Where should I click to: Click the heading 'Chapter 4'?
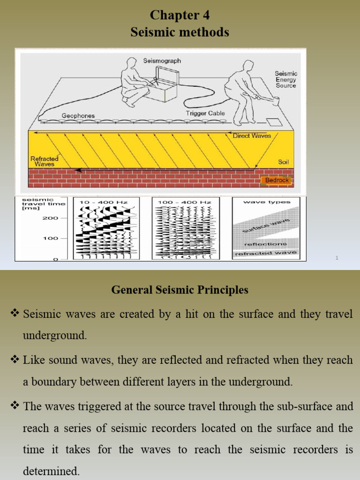[x=180, y=15]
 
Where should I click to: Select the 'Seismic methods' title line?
[x=180, y=32]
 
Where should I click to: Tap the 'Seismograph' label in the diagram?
[x=162, y=61]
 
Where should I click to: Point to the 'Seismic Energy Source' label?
[x=285, y=80]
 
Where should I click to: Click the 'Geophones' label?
[x=78, y=115]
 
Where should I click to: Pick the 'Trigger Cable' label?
[x=205, y=113]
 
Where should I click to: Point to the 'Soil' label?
[x=284, y=162]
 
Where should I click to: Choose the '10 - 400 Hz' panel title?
[x=103, y=202]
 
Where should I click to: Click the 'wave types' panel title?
[x=267, y=202]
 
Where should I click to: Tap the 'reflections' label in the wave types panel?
[x=265, y=244]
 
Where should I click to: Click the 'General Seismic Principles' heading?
[x=180, y=290]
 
